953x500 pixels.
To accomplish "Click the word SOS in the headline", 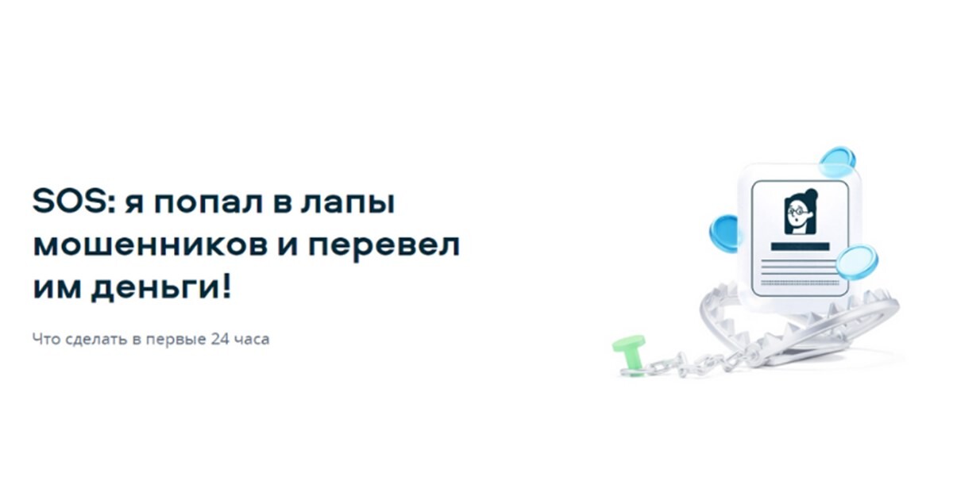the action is click(x=70, y=201).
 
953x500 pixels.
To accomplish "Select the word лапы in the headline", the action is click(x=348, y=204).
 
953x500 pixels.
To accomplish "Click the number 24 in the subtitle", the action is click(x=220, y=340).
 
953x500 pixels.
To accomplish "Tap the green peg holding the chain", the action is click(x=629, y=353).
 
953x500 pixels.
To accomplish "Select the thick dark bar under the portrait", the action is click(x=800, y=247).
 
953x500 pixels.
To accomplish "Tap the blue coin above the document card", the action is click(x=837, y=162).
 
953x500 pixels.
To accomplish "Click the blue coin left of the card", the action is click(x=724, y=233).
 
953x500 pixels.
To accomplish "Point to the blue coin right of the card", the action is click(x=857, y=263).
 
